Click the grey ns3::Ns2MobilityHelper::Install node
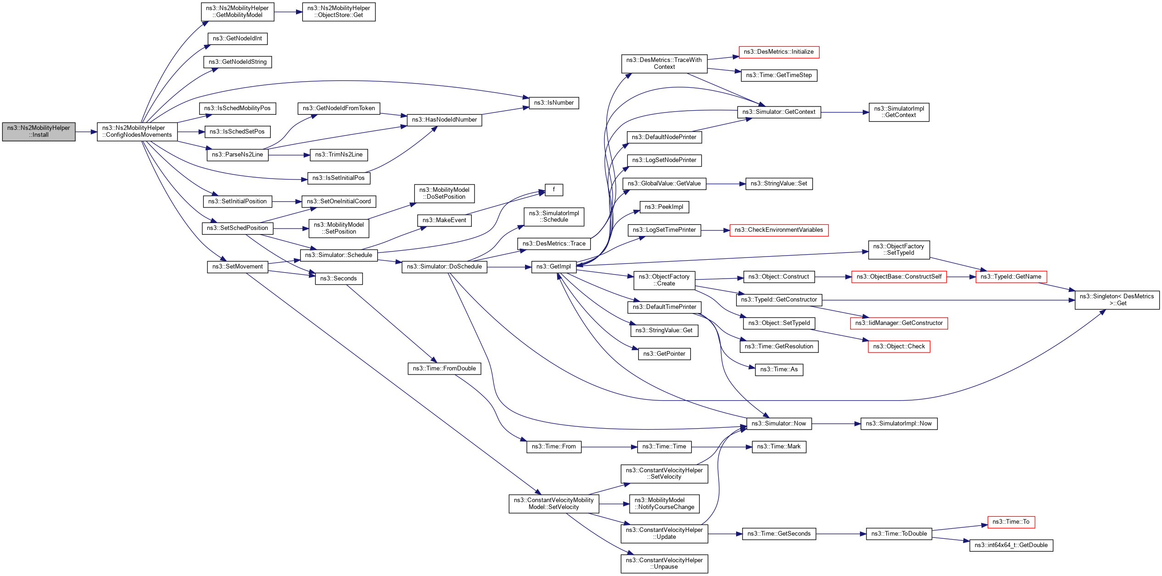(x=39, y=132)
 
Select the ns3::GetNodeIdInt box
(x=237, y=39)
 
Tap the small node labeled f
(x=553, y=190)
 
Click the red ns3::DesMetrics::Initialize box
(x=778, y=52)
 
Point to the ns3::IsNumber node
(x=553, y=103)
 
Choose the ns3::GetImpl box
(x=553, y=267)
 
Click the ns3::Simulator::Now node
(x=778, y=424)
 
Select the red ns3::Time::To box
(x=1011, y=522)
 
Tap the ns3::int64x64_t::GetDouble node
(x=1011, y=545)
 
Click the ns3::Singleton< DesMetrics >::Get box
(x=1117, y=300)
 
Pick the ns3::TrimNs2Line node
(x=339, y=155)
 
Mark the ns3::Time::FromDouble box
(x=444, y=369)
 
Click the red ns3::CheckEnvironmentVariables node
(x=778, y=230)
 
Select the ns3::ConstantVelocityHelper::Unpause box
(x=664, y=564)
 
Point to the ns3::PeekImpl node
(x=664, y=207)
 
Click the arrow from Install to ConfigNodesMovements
(x=86, y=132)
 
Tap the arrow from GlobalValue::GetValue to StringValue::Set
(x=726, y=184)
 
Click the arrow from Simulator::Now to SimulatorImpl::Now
(x=836, y=424)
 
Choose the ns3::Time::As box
(x=778, y=369)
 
